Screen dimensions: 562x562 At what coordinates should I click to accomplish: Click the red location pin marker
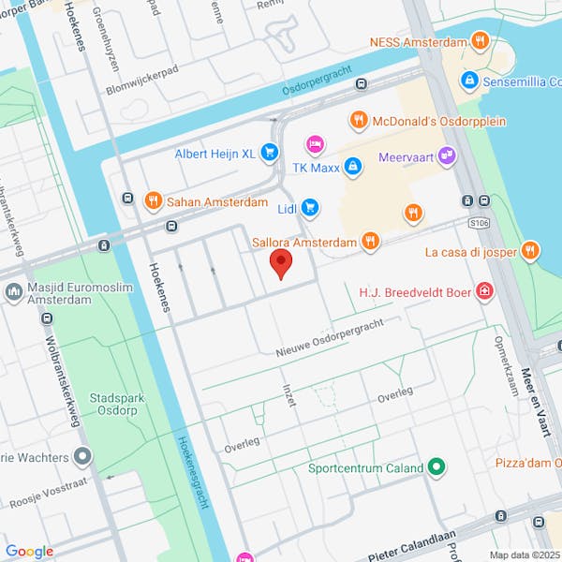(x=280, y=263)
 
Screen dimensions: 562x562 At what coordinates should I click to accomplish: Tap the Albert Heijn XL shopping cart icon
(x=269, y=151)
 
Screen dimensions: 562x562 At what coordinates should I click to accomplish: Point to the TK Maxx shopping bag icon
(x=352, y=168)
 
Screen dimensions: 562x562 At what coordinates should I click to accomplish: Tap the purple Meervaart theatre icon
(x=447, y=155)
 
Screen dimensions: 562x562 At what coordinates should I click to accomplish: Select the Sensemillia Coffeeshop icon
(x=469, y=81)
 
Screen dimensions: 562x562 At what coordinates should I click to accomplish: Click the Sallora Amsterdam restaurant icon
(x=371, y=243)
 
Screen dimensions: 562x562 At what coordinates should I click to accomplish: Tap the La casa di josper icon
(x=531, y=250)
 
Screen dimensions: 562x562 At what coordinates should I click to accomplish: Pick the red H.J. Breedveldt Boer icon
(x=483, y=291)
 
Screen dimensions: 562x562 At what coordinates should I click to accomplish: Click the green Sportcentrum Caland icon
(x=436, y=466)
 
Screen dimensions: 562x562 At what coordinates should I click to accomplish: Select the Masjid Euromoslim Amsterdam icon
(x=13, y=292)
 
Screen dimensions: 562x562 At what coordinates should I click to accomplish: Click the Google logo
(x=29, y=552)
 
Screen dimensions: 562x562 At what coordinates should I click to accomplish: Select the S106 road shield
(x=480, y=222)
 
